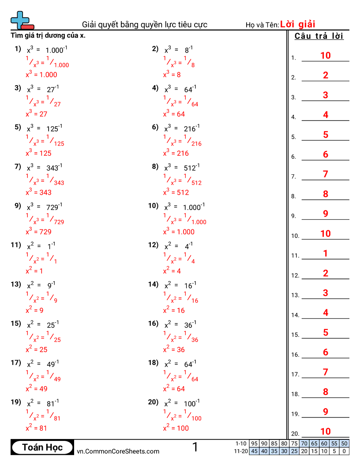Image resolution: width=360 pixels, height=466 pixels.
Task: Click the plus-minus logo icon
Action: (x=22, y=21)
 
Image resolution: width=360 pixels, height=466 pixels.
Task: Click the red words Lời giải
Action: (x=297, y=24)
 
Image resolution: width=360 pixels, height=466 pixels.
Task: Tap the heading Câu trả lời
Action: (x=319, y=36)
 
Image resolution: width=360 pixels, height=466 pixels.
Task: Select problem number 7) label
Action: (x=18, y=166)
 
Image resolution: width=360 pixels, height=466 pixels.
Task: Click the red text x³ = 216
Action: (x=176, y=153)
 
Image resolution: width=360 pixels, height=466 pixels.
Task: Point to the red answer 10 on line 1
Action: (x=325, y=56)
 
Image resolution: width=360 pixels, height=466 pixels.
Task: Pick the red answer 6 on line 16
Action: (x=325, y=352)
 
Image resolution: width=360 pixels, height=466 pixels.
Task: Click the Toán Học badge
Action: (x=42, y=447)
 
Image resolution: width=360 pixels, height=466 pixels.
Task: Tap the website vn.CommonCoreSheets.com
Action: (x=118, y=451)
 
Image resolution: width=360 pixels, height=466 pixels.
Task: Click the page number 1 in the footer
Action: (x=195, y=447)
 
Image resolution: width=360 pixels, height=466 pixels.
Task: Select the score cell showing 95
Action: (x=254, y=443)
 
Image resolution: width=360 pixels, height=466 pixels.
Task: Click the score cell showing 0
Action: (x=344, y=451)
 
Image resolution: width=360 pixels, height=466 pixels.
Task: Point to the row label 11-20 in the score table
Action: (x=241, y=451)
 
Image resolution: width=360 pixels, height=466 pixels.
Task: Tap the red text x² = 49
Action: (x=37, y=389)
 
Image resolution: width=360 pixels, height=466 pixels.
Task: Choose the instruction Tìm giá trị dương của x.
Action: (x=48, y=35)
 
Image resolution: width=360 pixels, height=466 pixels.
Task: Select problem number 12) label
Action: (x=153, y=245)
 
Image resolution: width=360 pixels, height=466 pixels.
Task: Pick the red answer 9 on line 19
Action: (x=325, y=412)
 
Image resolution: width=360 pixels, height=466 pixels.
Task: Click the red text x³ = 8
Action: (x=172, y=75)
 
